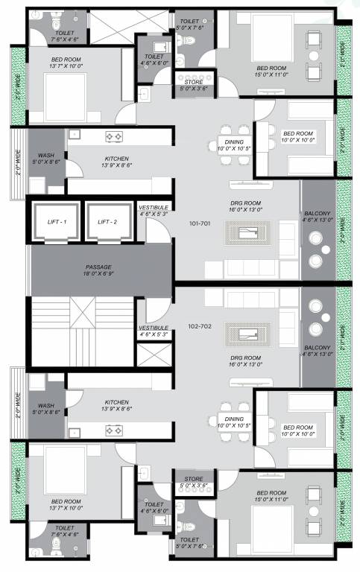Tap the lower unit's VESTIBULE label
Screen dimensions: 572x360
[154, 331]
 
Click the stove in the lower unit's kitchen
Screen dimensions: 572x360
[113, 429]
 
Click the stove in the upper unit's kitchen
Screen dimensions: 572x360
[113, 137]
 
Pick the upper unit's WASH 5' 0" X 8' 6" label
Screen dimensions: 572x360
[46, 157]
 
